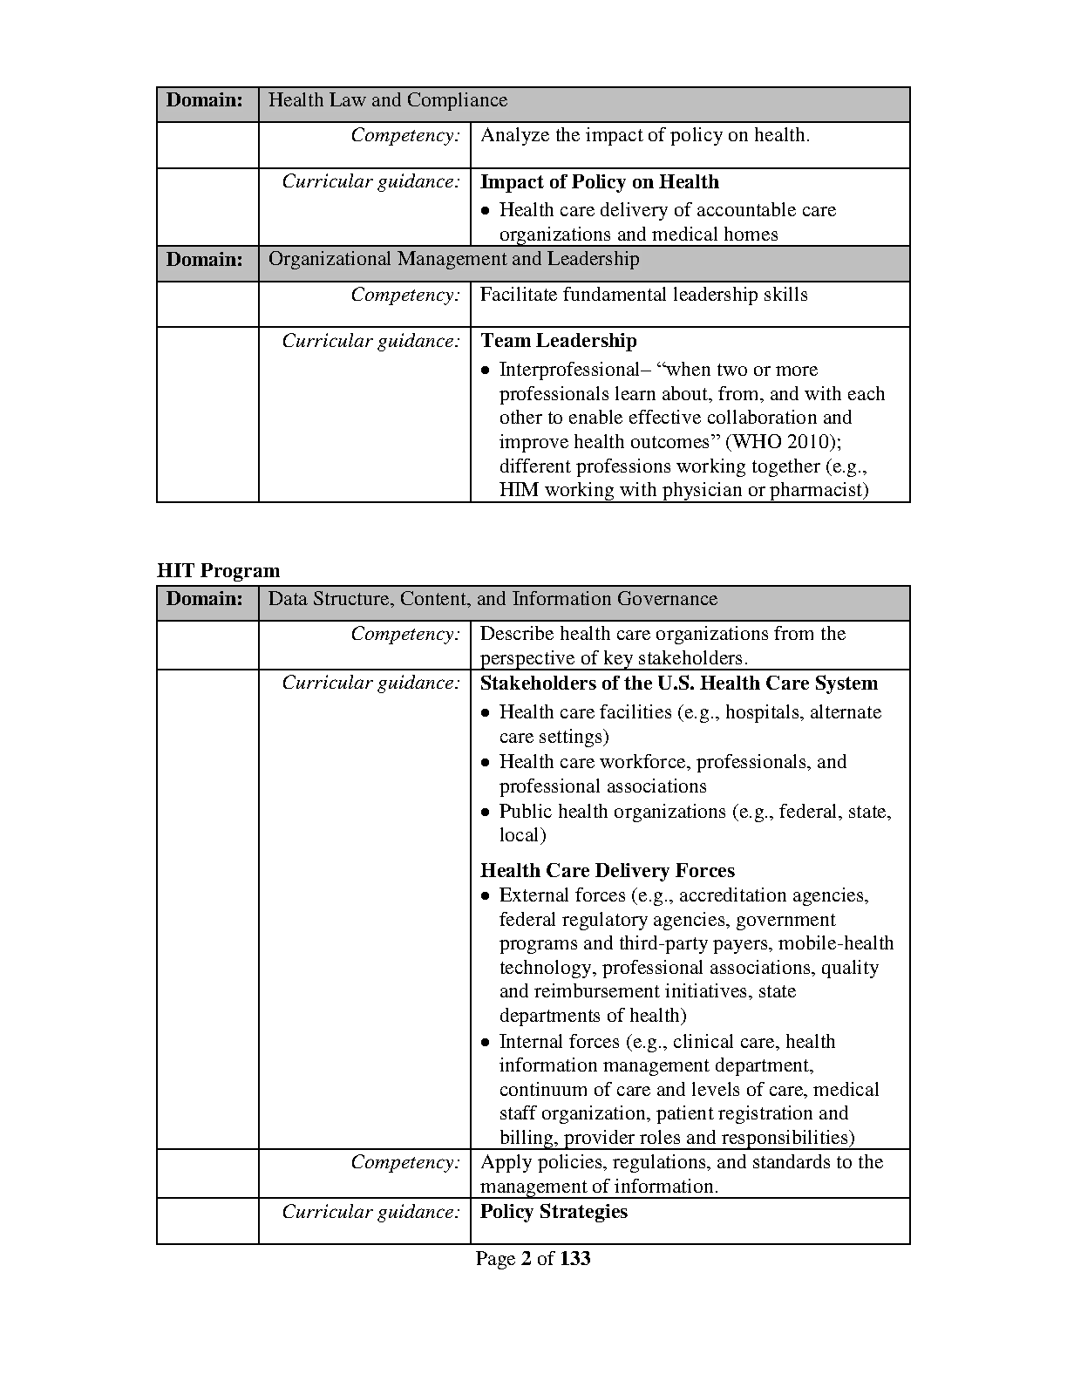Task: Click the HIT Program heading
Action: [x=218, y=571]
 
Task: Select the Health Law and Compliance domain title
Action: [x=387, y=100]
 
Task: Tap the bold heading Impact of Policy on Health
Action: [x=600, y=182]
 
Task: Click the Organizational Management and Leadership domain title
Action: [x=453, y=259]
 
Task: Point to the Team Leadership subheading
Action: [x=559, y=341]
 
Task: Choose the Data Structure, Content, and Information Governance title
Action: [x=493, y=599]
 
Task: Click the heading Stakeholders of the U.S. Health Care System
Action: [x=679, y=684]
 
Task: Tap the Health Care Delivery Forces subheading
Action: [x=608, y=871]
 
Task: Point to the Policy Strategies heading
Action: [x=554, y=1212]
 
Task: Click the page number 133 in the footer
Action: [x=575, y=1259]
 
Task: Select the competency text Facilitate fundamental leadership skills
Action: [x=643, y=295]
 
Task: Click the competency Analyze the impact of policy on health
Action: [x=645, y=135]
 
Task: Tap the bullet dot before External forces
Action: [x=486, y=896]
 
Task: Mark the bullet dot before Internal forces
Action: [x=486, y=1043]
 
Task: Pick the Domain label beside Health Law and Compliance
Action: [x=205, y=100]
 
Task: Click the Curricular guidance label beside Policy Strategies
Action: [x=370, y=1212]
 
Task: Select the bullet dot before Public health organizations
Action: [x=486, y=813]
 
